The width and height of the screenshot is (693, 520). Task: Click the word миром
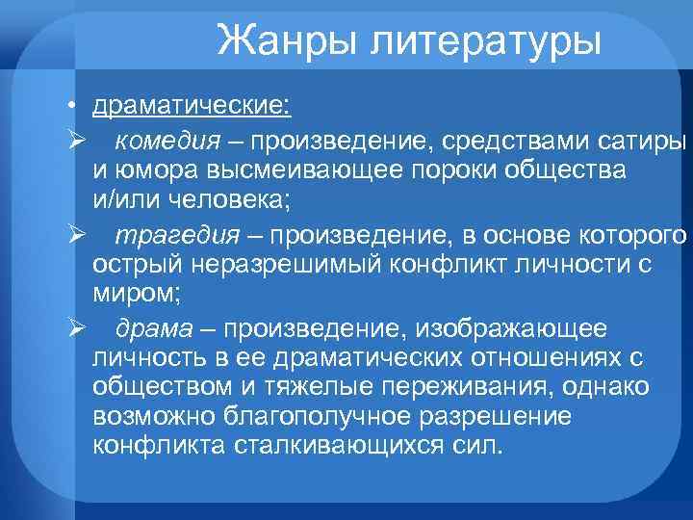coord(127,291)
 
